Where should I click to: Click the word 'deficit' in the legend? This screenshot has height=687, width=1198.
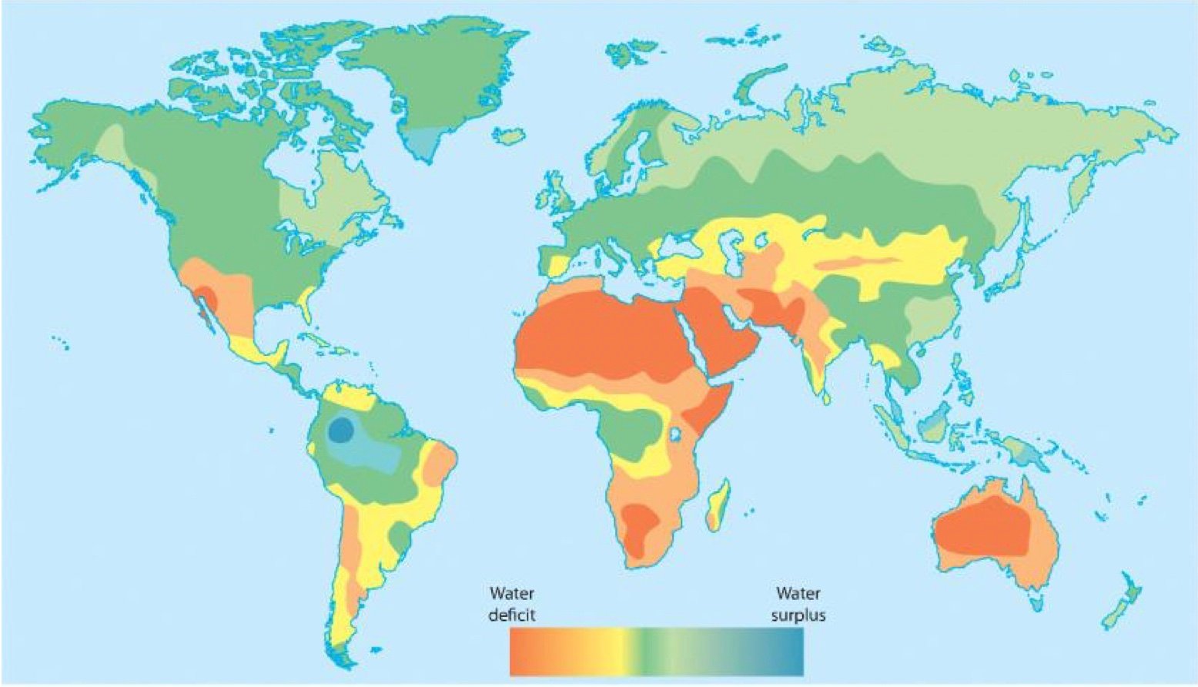pos(511,615)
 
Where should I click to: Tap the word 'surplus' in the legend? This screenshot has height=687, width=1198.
pos(798,615)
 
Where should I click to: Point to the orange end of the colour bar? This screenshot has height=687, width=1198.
pos(524,651)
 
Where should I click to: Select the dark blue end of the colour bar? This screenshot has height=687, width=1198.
pos(793,651)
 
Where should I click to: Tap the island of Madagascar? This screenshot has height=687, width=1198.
pos(718,504)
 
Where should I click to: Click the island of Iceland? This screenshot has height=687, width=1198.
pos(508,136)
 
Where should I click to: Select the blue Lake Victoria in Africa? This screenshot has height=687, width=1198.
pos(675,434)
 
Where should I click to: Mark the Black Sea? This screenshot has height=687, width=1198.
pos(678,246)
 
